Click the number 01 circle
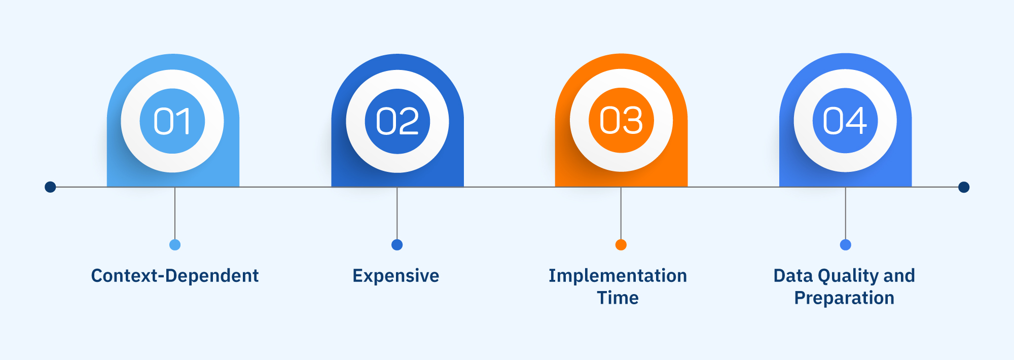click(x=172, y=121)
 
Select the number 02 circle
click(x=397, y=121)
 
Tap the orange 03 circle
click(x=621, y=121)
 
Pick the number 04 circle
click(x=845, y=121)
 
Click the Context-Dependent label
click(x=175, y=276)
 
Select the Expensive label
click(x=396, y=276)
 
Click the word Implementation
click(x=618, y=276)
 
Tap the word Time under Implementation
click(x=618, y=298)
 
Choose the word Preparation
click(x=844, y=298)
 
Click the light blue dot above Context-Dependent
click(x=175, y=245)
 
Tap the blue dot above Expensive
click(x=397, y=245)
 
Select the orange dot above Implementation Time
click(x=621, y=245)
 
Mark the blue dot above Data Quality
click(x=846, y=245)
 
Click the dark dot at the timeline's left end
click(x=50, y=187)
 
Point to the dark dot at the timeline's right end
click(x=964, y=187)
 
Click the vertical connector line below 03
click(x=621, y=213)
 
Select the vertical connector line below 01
click(x=175, y=213)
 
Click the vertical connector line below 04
click(x=846, y=213)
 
